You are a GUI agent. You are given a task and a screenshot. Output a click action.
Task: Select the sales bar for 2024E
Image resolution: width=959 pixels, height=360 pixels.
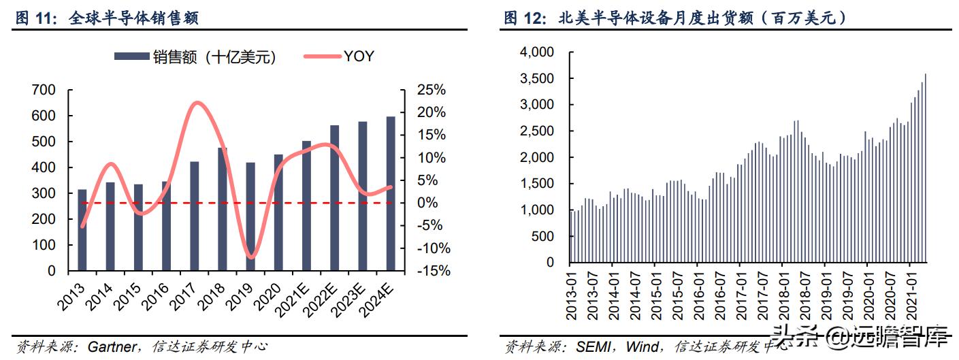pos(391,194)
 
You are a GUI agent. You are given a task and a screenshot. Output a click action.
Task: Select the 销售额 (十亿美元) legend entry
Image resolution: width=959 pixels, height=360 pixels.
pos(195,57)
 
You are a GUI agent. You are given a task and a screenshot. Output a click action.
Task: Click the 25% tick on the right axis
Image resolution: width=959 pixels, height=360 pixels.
pos(432,90)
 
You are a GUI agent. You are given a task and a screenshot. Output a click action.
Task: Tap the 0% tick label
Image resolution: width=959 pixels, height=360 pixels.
pos(427,203)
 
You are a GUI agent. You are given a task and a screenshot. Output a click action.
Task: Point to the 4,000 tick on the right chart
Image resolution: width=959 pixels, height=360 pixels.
pos(537,52)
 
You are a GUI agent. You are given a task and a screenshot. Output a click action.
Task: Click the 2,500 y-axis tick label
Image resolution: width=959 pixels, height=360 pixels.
pos(537,131)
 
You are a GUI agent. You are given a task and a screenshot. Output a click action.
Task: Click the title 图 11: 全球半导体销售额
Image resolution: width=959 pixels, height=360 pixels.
pos(107,19)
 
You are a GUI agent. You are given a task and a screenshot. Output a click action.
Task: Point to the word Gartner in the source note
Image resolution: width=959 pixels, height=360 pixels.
pos(111,347)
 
